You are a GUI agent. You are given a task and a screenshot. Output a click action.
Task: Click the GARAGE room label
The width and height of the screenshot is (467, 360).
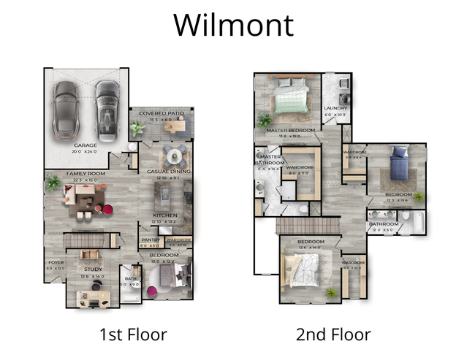pos(86,145)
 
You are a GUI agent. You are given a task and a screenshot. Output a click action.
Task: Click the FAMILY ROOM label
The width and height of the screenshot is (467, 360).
pos(82,174)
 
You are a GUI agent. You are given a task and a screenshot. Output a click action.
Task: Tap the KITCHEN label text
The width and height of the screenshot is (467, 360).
pos(164,215)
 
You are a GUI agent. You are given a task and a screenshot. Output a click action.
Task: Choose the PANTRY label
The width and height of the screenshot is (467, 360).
pos(149,240)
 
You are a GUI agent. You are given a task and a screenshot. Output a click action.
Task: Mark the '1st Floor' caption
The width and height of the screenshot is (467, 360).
pos(133,335)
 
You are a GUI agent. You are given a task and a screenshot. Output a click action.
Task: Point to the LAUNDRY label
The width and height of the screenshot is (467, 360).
pos(337,109)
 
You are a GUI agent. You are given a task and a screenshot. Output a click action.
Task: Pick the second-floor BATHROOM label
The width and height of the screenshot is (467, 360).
pos(384,224)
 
